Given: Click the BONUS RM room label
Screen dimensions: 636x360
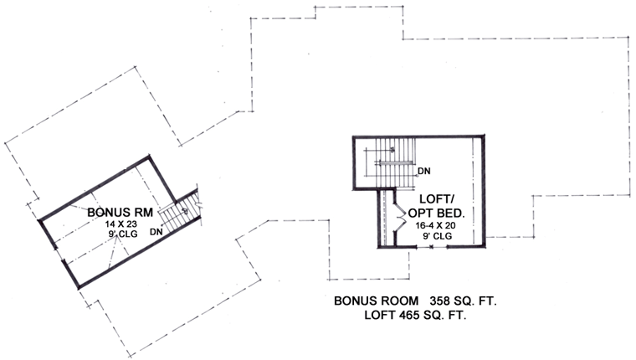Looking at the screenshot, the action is [x=120, y=213].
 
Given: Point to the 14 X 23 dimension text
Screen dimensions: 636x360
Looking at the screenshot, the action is [x=121, y=224].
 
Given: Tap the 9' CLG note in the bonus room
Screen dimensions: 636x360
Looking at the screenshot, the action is [x=121, y=234].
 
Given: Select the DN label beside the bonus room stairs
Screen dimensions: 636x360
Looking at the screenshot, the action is [x=156, y=232].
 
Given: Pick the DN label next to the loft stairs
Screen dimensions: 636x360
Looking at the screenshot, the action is [x=424, y=172].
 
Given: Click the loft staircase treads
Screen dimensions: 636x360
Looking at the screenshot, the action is [x=395, y=162].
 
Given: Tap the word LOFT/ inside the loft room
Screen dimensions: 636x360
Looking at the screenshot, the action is [x=437, y=199].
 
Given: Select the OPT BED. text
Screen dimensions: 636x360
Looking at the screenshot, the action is [x=436, y=213].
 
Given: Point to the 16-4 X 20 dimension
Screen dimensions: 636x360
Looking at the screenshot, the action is [x=436, y=227].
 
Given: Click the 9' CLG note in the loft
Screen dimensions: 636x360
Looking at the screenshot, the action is [x=437, y=236].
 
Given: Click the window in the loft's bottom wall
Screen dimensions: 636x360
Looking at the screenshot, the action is [x=432, y=246].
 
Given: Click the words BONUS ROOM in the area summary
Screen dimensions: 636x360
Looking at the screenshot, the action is [x=377, y=301].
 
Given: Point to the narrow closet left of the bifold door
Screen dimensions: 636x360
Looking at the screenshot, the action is [x=387, y=219].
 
